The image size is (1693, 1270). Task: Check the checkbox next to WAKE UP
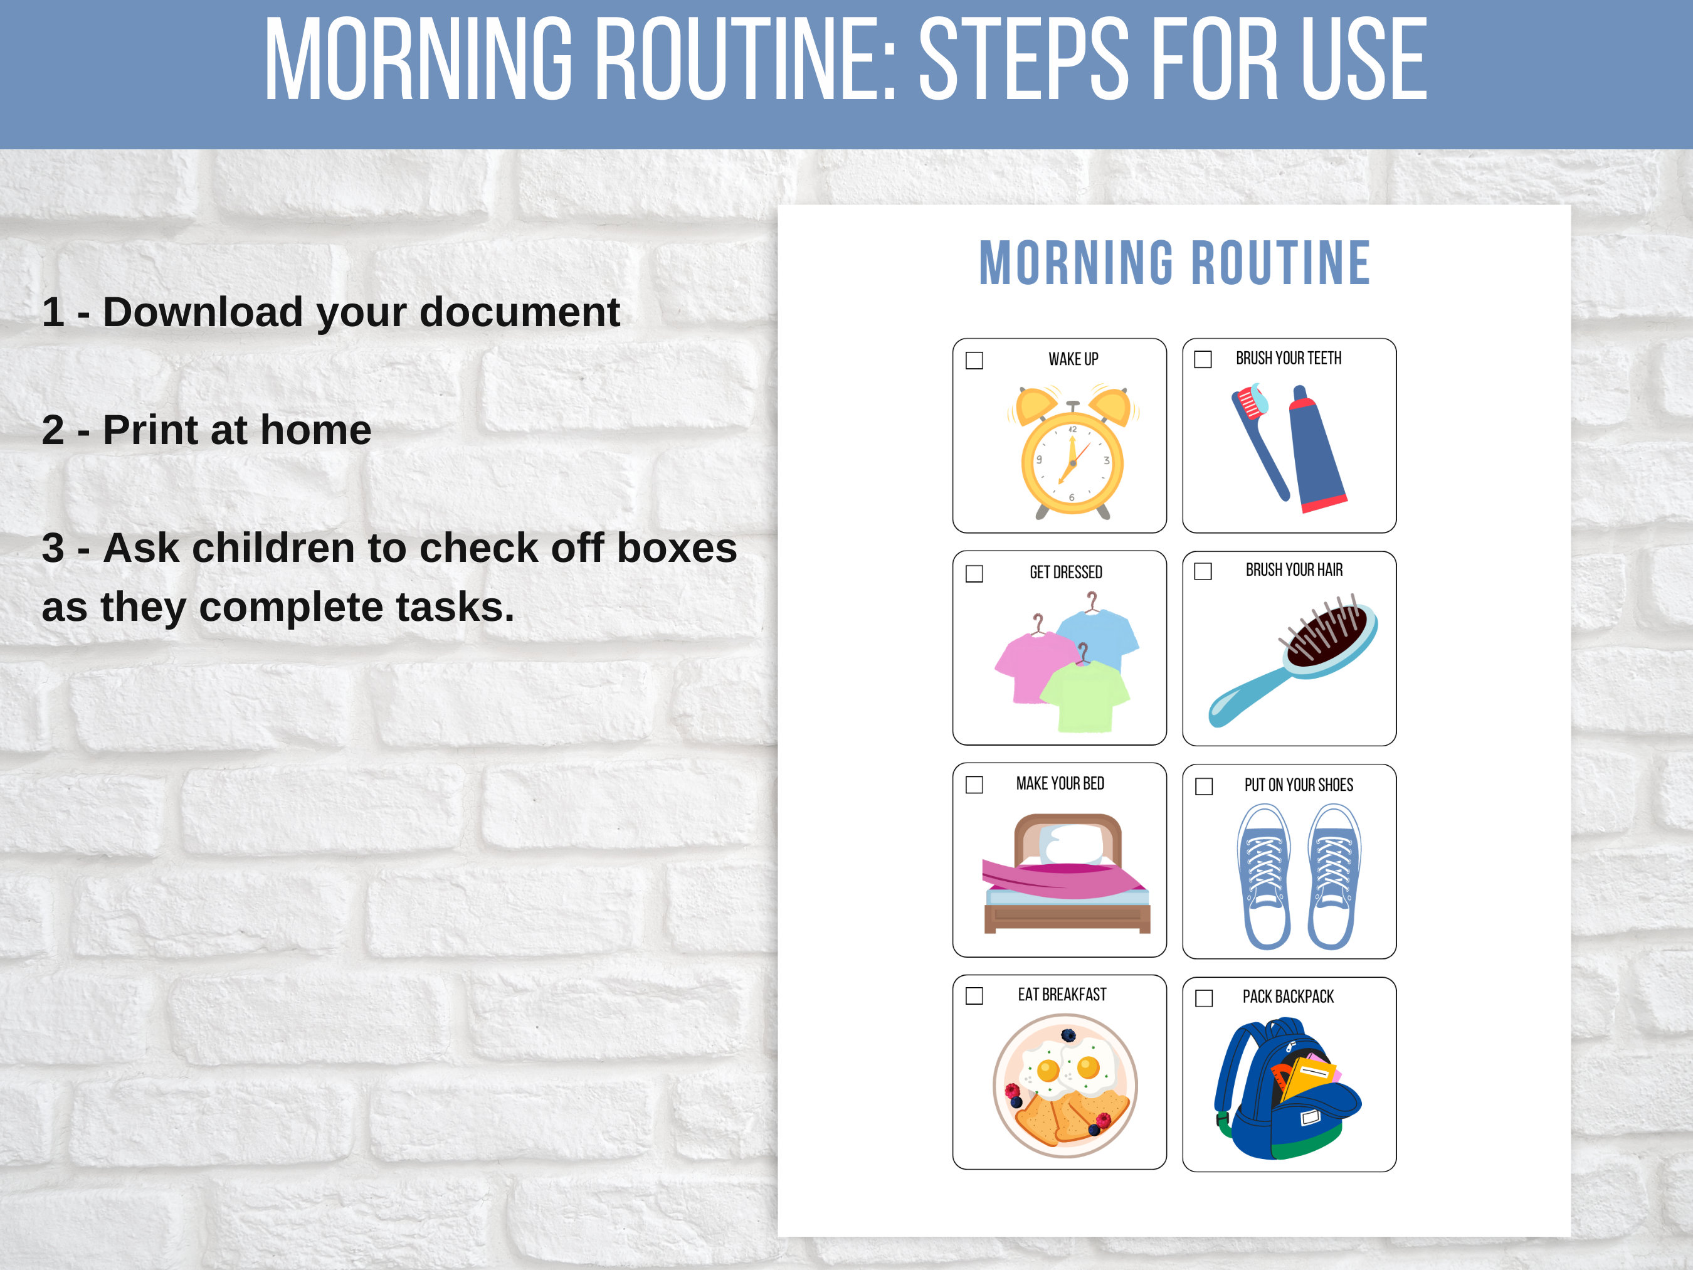[974, 361]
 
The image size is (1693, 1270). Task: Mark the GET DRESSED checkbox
[974, 573]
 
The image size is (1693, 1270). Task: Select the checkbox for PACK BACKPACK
[1204, 998]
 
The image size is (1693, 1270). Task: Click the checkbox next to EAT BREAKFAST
[974, 996]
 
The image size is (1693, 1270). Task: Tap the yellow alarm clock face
[1072, 463]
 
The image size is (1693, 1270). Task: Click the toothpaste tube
[1315, 452]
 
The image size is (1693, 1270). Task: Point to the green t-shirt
[1085, 697]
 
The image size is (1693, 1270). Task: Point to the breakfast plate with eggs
[1065, 1085]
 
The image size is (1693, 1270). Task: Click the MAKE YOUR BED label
[1060, 784]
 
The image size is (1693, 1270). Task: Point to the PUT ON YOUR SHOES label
[1298, 785]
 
